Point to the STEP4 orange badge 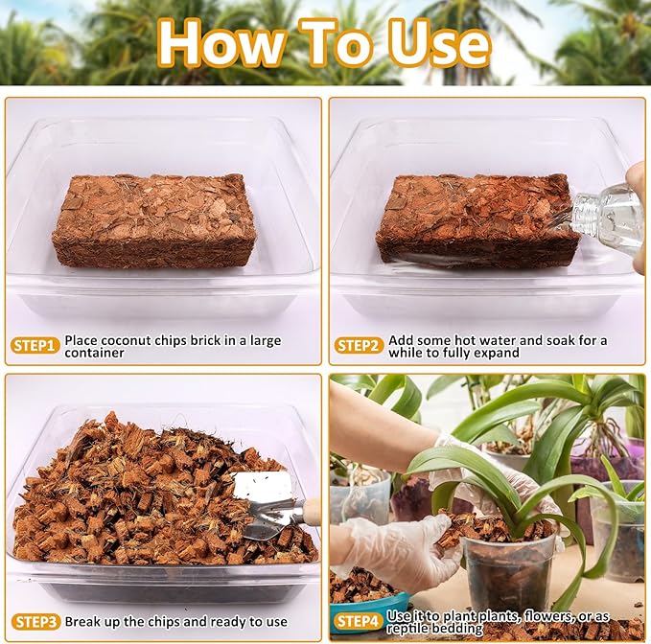click(360, 622)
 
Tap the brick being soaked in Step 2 click(470, 219)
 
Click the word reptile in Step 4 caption click(411, 629)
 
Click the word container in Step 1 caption click(95, 353)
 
